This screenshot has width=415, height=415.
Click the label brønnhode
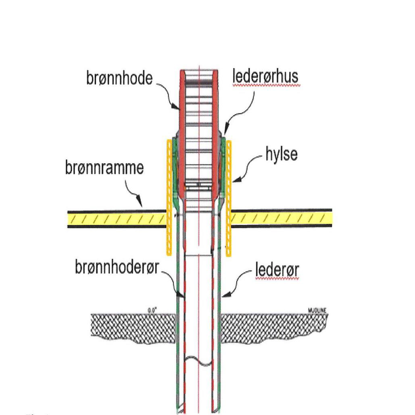(x=119, y=78)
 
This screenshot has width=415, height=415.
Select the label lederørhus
(x=266, y=77)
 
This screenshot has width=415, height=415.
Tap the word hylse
(x=281, y=155)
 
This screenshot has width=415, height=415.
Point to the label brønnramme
(x=104, y=168)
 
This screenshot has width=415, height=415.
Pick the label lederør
(x=277, y=271)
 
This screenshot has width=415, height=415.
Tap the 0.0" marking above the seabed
(x=152, y=310)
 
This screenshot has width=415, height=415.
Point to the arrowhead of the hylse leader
(x=235, y=181)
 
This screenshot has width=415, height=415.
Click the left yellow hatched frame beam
(x=117, y=219)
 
